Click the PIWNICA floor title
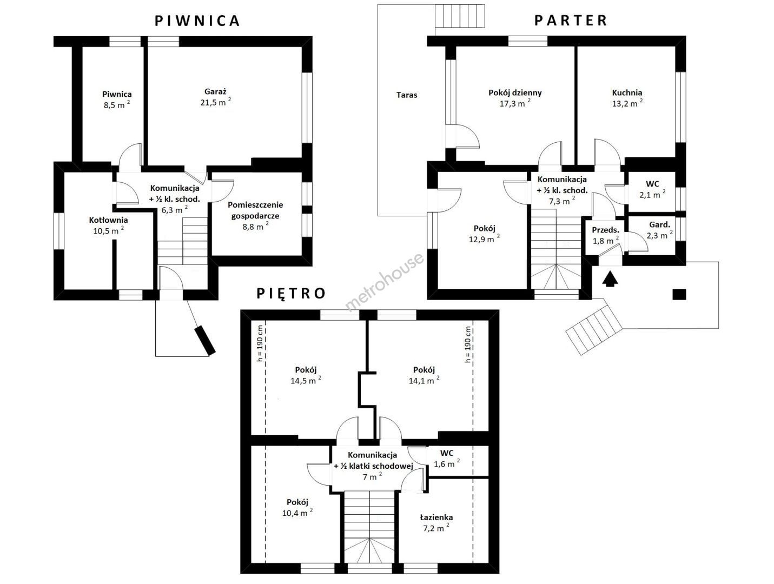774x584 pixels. click(197, 21)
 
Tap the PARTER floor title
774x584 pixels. click(571, 21)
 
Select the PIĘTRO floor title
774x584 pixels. click(291, 293)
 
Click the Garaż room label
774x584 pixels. click(215, 91)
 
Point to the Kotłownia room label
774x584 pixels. click(108, 220)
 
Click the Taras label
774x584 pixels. click(407, 95)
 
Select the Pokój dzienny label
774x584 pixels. click(515, 92)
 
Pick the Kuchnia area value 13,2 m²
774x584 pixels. click(627, 104)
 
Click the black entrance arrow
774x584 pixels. click(610, 280)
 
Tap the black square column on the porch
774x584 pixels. click(679, 294)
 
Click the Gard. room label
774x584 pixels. click(659, 225)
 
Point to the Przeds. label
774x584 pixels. click(605, 230)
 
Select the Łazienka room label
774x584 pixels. click(436, 517)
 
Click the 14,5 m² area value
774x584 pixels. click(306, 381)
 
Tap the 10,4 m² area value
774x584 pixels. click(297, 513)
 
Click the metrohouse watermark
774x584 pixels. click(385, 282)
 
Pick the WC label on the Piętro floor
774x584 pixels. click(446, 453)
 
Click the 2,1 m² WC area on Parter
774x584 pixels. click(652, 195)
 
